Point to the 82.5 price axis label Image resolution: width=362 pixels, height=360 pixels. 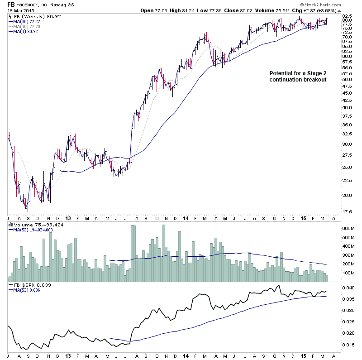(348, 15)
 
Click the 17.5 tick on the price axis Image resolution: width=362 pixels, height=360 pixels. (348, 212)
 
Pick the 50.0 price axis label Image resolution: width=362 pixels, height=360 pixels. (348, 79)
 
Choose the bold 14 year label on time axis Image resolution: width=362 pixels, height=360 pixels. (186, 217)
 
